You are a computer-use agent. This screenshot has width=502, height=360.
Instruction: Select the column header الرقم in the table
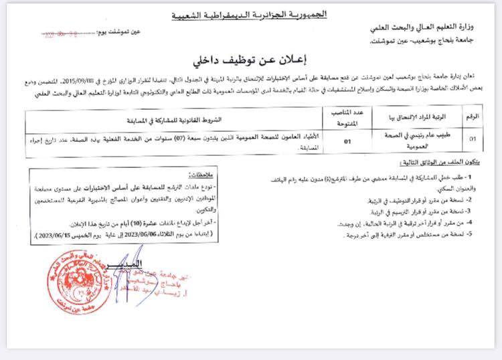pos(472,116)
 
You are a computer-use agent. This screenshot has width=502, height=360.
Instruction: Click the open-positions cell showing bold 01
pos(347,141)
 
